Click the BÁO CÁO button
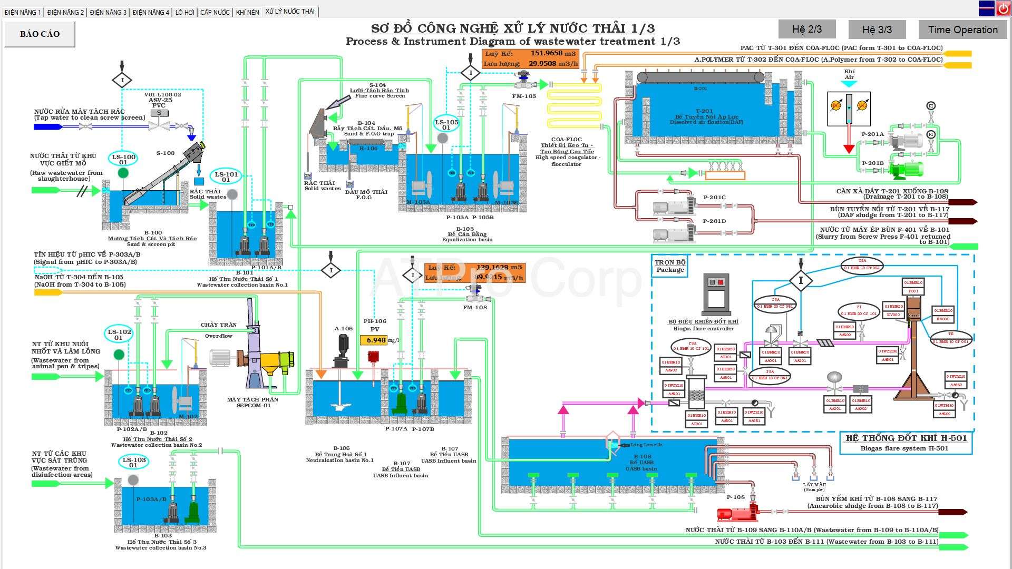tap(40, 34)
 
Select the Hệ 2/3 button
tap(806, 30)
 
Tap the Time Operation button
tap(962, 30)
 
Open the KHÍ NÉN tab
tap(247, 12)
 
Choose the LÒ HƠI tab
tap(184, 12)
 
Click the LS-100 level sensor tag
tap(123, 159)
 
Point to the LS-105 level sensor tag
tap(446, 124)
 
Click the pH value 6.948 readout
tap(376, 340)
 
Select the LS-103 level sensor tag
tap(134, 462)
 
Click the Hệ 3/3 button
tap(877, 30)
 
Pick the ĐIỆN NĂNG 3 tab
tap(108, 12)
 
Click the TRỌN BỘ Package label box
tap(670, 266)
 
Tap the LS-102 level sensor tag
tap(119, 335)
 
